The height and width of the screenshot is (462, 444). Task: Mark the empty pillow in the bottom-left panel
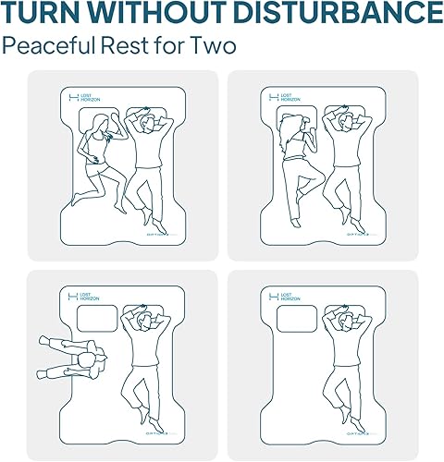pyautogui.click(x=98, y=319)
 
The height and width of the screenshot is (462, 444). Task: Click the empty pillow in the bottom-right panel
pyautogui.click(x=298, y=319)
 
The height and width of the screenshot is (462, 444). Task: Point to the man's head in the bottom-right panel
pyautogui.click(x=343, y=321)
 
